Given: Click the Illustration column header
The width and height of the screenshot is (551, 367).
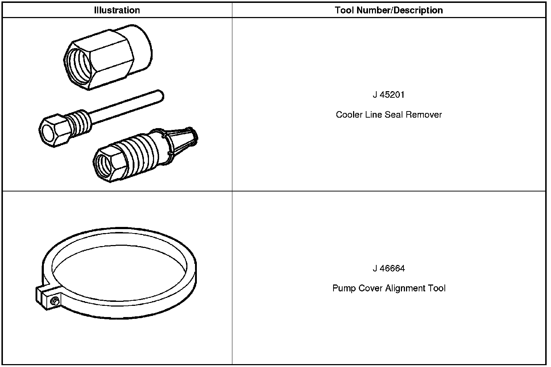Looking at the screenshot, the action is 117,10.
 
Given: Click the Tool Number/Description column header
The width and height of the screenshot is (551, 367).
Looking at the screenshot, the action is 389,10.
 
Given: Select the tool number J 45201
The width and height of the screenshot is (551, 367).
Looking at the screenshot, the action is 389,95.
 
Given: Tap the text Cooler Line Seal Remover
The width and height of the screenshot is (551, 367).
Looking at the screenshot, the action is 389,115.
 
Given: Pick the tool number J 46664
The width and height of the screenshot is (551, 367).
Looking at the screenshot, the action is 389,269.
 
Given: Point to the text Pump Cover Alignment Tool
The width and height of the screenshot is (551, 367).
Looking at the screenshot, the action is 389,288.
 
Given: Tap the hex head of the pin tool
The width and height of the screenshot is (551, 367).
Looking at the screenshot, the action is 53,130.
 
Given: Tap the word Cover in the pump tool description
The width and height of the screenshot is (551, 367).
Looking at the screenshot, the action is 370,288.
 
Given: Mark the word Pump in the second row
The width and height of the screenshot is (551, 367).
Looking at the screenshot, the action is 344,288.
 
